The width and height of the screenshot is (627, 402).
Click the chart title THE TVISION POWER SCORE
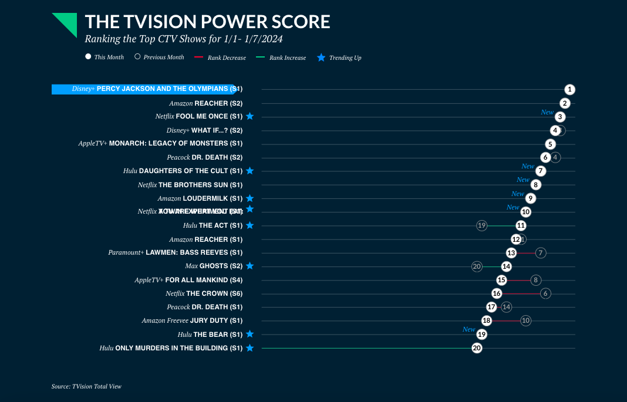coord(207,22)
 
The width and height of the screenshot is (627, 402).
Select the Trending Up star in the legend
coord(321,58)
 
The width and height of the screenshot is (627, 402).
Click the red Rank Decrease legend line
coord(198,58)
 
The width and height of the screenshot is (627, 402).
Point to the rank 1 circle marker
coord(569,90)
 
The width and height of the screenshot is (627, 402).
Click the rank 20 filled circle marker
coord(477,348)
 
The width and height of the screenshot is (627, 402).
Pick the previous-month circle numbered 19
coord(481,225)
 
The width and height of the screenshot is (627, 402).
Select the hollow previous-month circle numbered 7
coord(541,253)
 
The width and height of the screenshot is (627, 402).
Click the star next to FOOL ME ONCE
coord(250,116)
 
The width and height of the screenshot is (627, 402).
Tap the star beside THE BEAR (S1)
coord(250,334)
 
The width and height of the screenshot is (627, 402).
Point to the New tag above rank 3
coord(547,112)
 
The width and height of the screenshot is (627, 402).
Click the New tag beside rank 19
coord(468,329)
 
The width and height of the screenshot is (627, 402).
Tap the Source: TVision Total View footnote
coord(86,386)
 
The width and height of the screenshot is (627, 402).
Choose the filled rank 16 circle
coord(497,293)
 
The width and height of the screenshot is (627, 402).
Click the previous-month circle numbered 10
coord(525,320)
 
